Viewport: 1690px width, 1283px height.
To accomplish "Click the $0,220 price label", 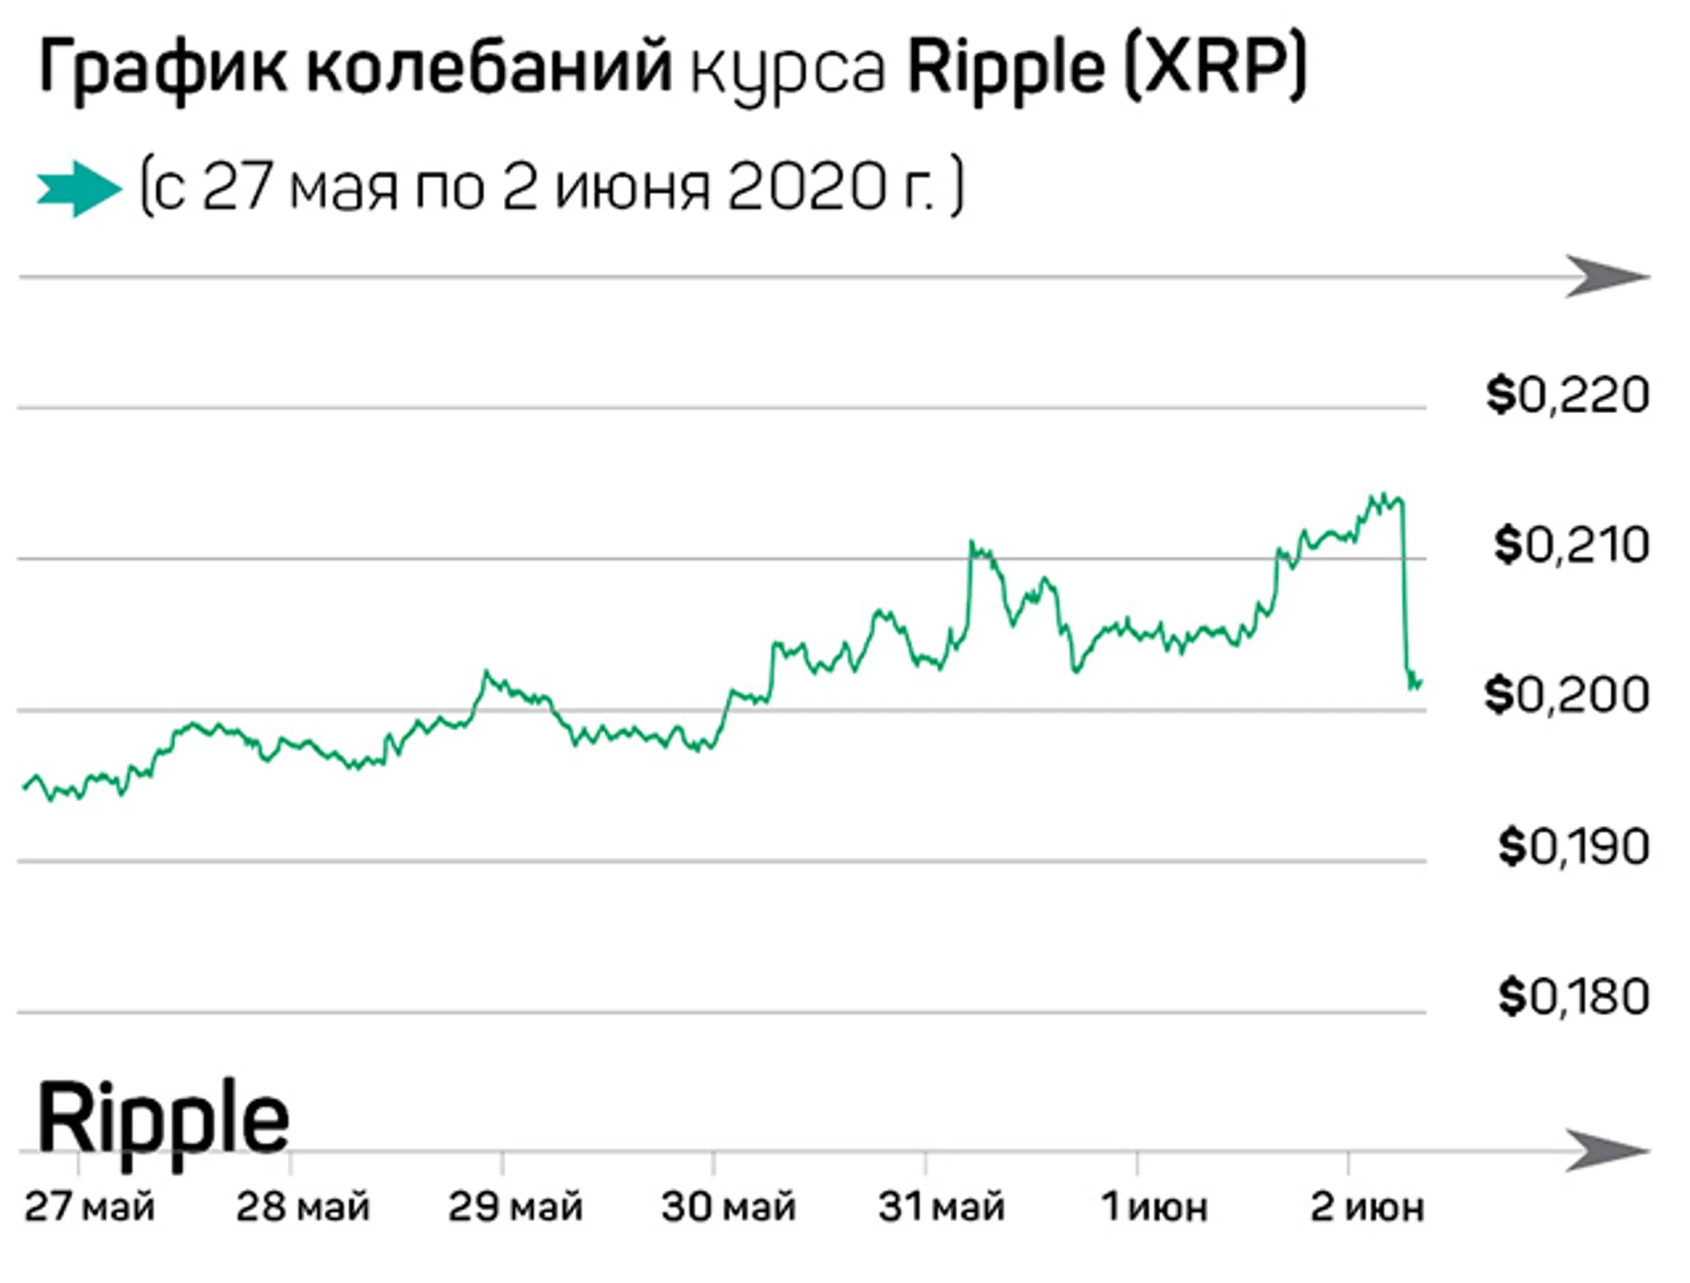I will point(1567,395).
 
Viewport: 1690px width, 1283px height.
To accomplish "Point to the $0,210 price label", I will point(1571,545).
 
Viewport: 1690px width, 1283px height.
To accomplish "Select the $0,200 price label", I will point(1567,695).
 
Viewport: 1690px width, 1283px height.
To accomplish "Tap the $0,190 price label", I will point(1573,846).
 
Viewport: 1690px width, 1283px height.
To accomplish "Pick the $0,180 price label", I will point(1573,997).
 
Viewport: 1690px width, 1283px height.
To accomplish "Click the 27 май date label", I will point(89,1207).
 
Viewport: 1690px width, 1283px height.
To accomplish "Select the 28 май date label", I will point(303,1207).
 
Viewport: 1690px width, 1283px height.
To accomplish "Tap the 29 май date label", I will point(516,1207).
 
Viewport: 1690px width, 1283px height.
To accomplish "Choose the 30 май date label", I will point(728,1207).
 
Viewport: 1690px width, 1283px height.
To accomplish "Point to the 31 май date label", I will point(941,1207).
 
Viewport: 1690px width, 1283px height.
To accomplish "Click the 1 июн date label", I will point(1155,1207).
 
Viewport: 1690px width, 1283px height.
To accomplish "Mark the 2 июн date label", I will point(1367,1207).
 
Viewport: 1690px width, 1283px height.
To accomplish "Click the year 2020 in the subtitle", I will point(806,189).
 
